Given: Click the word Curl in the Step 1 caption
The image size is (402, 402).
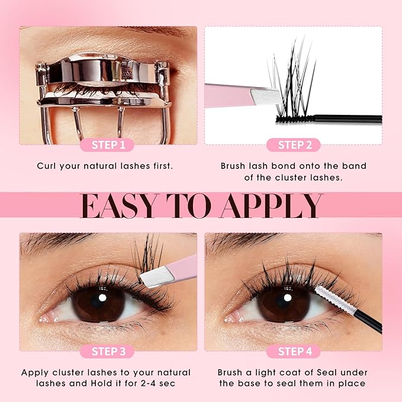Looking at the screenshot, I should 47,166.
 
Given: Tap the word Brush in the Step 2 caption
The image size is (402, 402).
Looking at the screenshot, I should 233,166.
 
